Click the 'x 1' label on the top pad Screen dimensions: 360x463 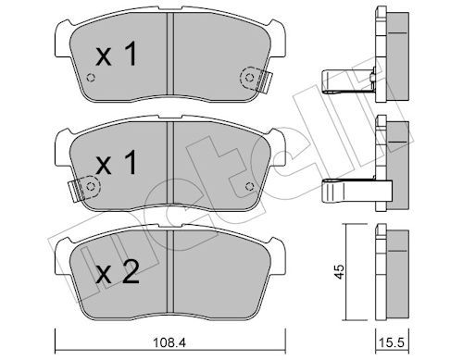pyautogui.click(x=118, y=56)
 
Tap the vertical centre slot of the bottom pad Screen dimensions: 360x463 pyautogui.click(x=169, y=274)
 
